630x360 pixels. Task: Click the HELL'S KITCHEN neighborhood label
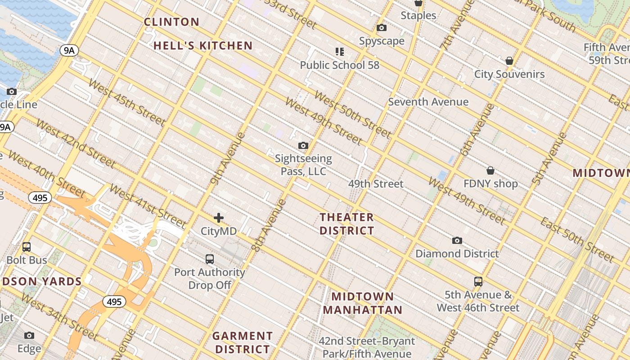coord(203,45)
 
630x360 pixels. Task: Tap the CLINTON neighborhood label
coord(171,22)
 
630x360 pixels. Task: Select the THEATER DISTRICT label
coord(346,224)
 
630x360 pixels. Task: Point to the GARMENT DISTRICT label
coord(243,342)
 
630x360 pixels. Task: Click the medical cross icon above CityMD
coord(219,218)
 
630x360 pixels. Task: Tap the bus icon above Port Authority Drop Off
coord(210,259)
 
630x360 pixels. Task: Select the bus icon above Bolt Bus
coord(27,247)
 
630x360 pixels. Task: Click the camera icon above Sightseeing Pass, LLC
coord(303,146)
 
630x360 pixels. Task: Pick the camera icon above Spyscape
coord(382,28)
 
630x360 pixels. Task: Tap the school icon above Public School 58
coord(340,52)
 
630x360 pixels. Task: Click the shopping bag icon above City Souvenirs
coord(509,61)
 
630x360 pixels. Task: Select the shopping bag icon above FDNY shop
coord(490,171)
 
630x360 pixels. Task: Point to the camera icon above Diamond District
coord(457,241)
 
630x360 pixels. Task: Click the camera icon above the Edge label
coord(29,336)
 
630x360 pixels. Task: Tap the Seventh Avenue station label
coord(428,102)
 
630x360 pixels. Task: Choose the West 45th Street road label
coord(127,103)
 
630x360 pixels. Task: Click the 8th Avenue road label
coord(269,225)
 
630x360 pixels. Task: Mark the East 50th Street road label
coord(577,240)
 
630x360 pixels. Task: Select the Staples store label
coord(418,15)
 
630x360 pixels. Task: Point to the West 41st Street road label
coord(148,206)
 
